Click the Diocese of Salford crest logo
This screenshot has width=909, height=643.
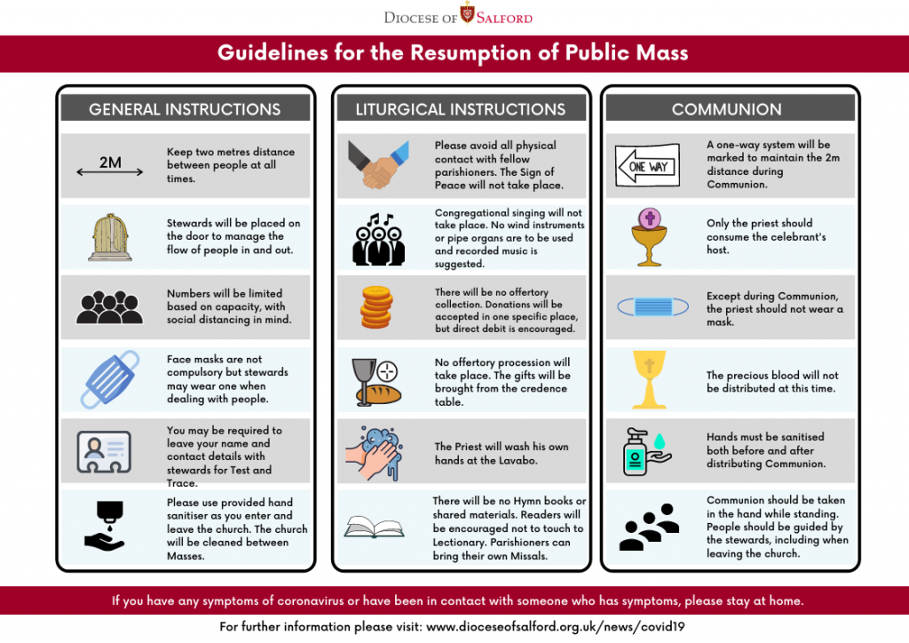[468, 13]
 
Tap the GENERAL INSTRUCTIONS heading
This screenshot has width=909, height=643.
[185, 109]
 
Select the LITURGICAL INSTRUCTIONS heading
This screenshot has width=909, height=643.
[460, 109]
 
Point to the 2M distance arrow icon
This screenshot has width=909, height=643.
[110, 166]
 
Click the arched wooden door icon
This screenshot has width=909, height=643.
[110, 237]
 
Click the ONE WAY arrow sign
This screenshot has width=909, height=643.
[647, 165]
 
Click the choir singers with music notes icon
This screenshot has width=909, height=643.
[377, 239]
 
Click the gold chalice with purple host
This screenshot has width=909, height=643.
[649, 237]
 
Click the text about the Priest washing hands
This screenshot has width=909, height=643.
[502, 453]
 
